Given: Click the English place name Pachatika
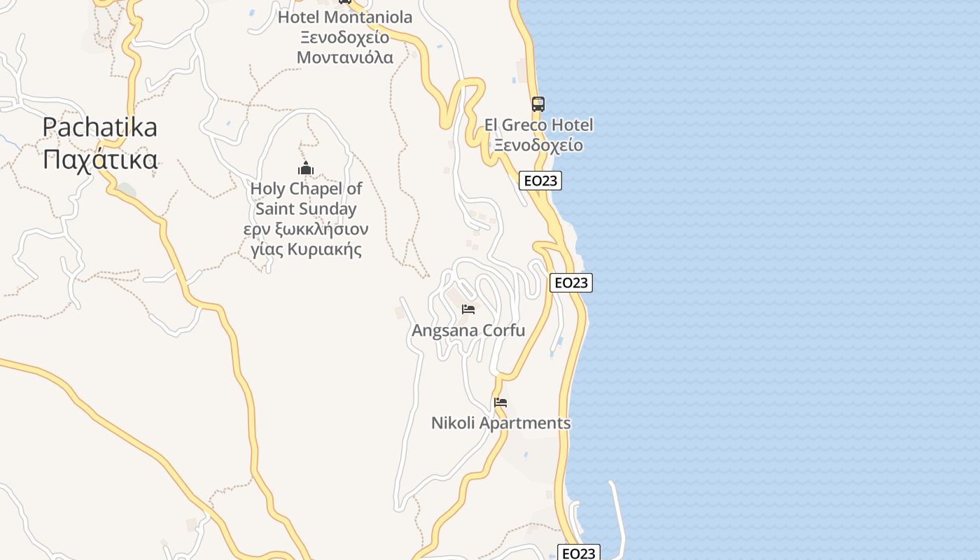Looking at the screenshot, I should (x=99, y=127).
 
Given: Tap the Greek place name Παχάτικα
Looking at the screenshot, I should (x=99, y=160).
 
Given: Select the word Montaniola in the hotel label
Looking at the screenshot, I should (x=367, y=17).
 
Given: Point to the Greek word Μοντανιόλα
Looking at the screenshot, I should (x=345, y=57).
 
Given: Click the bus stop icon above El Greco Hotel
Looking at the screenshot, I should (x=538, y=104).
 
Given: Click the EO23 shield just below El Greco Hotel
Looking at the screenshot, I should (x=540, y=181).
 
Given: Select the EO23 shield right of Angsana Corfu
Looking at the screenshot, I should (x=571, y=283).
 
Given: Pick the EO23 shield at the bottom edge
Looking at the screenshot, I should (x=579, y=553).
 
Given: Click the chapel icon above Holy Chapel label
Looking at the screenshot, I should (x=306, y=168).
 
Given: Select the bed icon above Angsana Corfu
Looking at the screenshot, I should (x=468, y=309).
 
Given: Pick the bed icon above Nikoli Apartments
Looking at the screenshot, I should (x=500, y=402).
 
